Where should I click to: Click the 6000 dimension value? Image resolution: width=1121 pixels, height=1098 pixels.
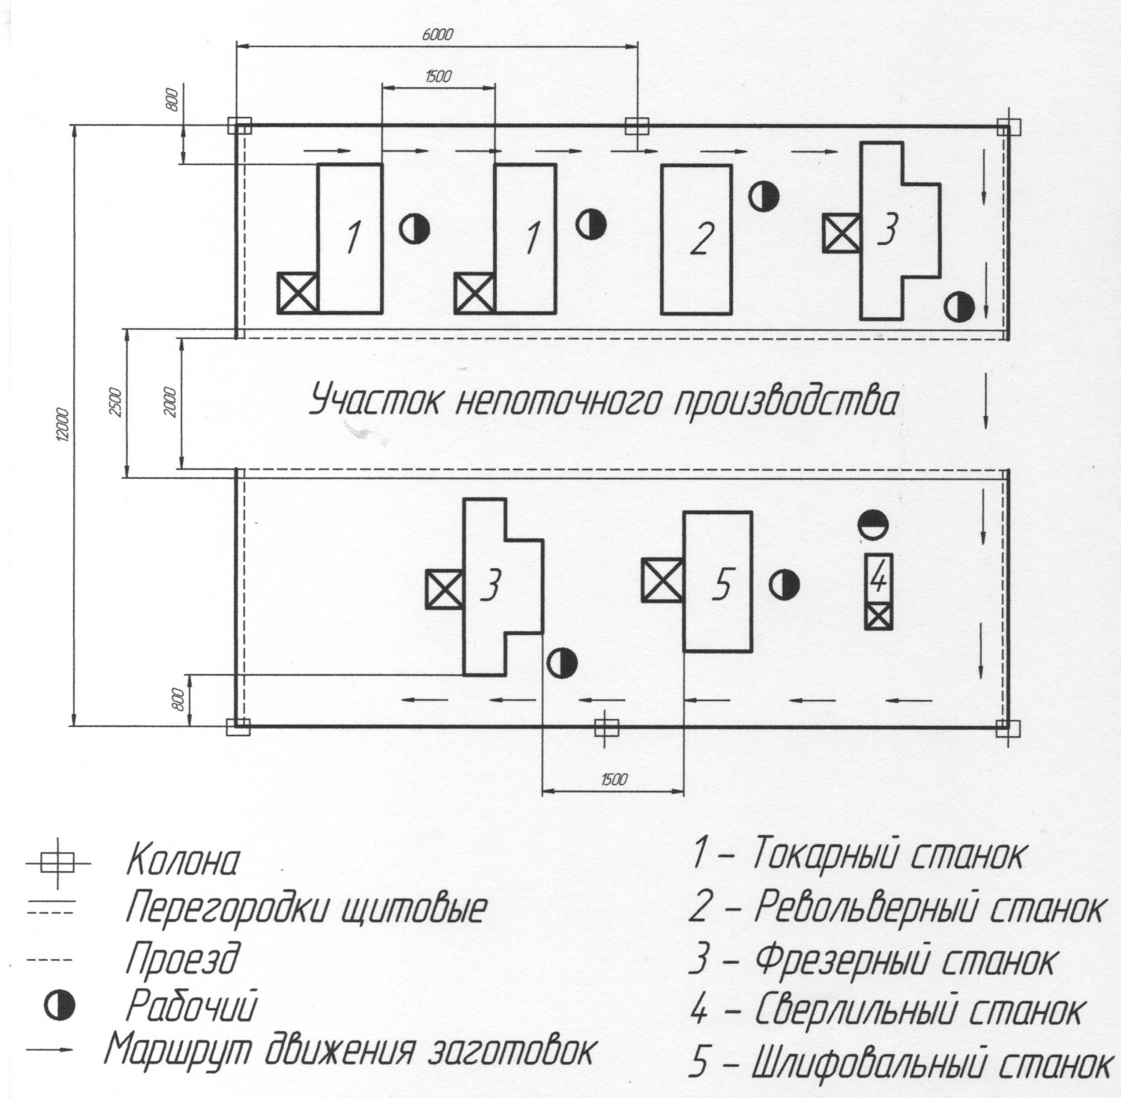pos(437,35)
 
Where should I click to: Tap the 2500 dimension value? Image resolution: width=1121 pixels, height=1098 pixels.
pos(115,402)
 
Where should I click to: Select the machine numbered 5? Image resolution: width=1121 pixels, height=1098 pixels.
pos(718,581)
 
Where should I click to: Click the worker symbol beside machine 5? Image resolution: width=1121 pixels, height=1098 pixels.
pos(784,585)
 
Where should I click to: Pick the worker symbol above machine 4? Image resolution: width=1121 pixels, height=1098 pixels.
pos(872,523)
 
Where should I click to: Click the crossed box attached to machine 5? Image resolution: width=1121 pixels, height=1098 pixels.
pos(663,580)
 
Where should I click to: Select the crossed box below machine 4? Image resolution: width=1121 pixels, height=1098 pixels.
pos(878,617)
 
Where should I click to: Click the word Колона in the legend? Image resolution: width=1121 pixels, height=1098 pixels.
pos(184,861)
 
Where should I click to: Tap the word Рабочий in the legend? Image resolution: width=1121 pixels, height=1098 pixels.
pos(192,1006)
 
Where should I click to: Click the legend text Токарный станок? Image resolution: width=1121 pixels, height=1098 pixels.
pos(887,854)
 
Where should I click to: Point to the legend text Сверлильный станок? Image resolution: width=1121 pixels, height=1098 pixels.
pos(919,1012)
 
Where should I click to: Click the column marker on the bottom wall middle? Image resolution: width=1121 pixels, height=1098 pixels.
pos(605,727)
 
